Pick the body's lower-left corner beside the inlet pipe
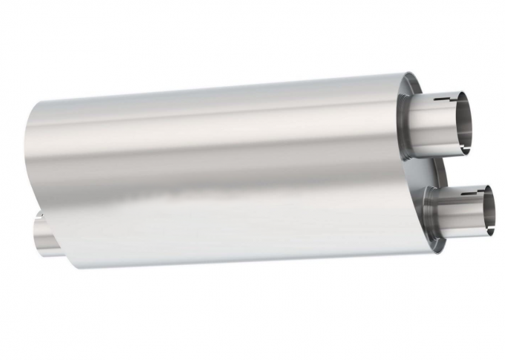[71, 264]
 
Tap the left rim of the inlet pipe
[35, 233]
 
